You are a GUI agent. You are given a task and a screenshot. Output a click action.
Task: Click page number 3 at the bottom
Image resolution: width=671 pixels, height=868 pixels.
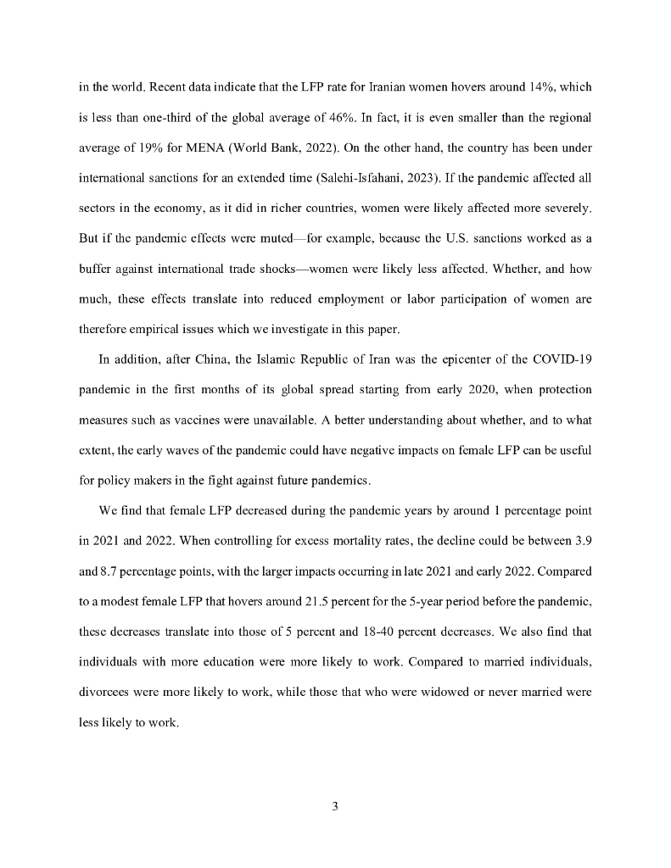tap(336, 806)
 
